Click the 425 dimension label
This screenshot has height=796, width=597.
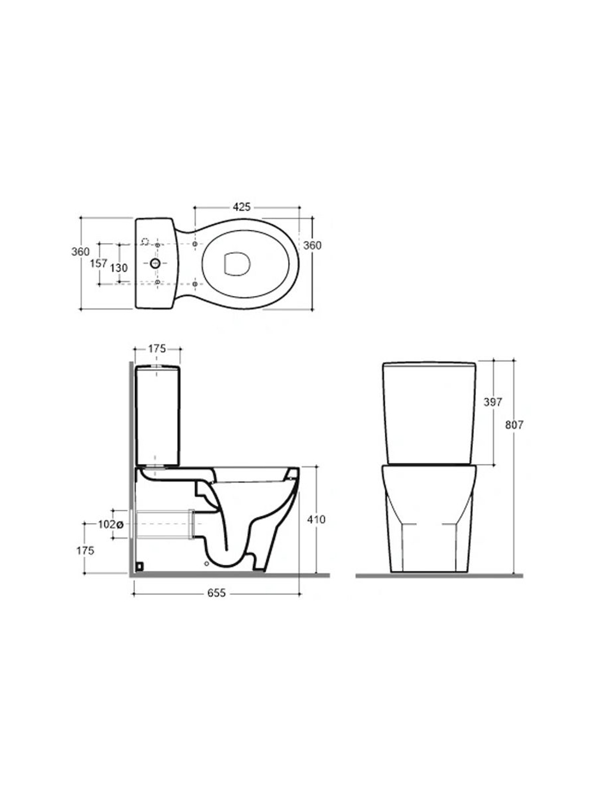(x=241, y=207)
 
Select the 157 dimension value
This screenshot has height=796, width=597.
(x=99, y=263)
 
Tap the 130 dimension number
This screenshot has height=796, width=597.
(x=119, y=268)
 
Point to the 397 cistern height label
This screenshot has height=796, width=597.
(x=493, y=402)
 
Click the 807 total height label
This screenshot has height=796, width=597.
(x=515, y=425)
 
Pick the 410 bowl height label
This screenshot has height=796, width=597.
(x=316, y=520)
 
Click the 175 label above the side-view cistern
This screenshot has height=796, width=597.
(x=157, y=349)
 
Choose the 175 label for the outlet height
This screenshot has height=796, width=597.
(x=85, y=551)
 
